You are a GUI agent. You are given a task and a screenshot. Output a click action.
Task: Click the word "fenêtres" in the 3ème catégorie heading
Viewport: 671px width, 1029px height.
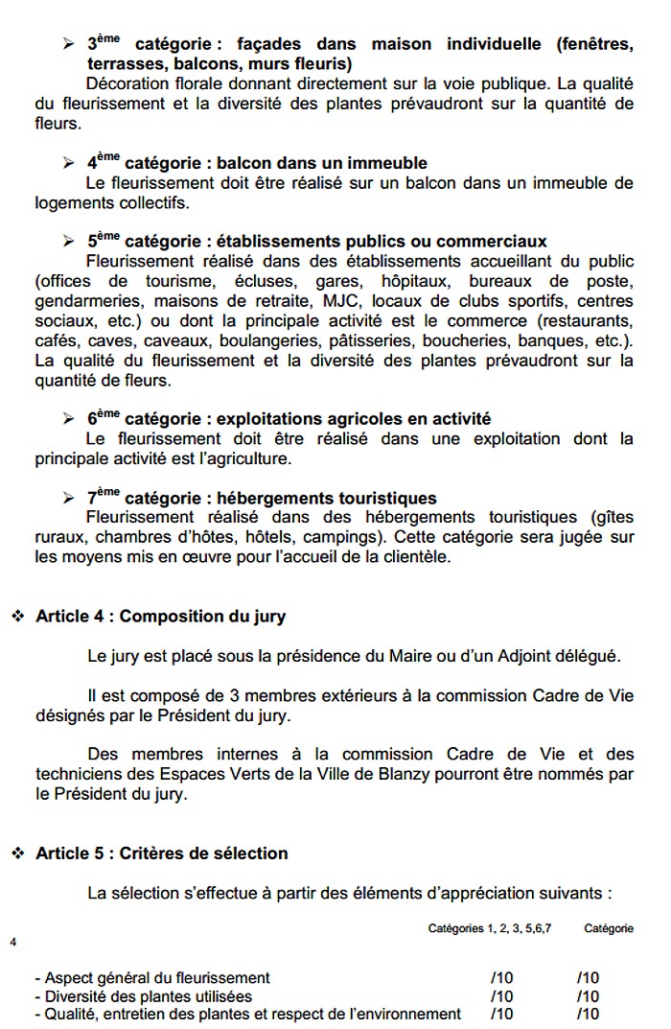[595, 44]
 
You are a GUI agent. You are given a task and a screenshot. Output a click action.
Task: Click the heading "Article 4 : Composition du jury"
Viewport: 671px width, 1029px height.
[160, 616]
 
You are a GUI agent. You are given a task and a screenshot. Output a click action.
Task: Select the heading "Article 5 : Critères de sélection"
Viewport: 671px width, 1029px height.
[161, 853]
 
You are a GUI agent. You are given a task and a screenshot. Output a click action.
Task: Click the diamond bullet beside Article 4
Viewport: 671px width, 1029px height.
[17, 616]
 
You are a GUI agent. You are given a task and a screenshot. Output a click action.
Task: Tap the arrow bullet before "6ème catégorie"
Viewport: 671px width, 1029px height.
[68, 419]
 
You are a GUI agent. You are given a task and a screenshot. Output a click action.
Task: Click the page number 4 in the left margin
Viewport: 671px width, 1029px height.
[13, 941]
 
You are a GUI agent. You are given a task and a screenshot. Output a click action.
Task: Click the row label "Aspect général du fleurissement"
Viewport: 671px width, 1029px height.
[151, 977]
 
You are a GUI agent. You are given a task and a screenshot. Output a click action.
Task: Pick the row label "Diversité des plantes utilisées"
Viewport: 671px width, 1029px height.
[143, 995]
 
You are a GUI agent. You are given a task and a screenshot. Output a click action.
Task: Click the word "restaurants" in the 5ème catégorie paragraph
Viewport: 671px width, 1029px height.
[586, 320]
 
